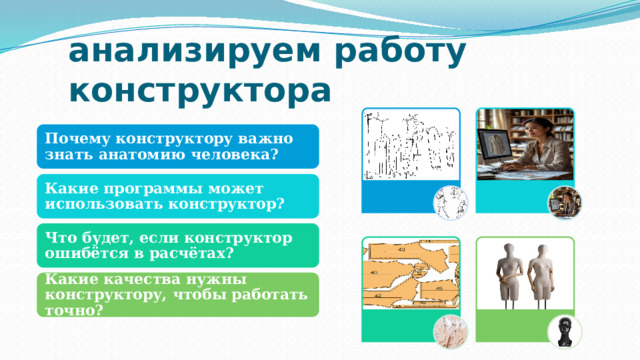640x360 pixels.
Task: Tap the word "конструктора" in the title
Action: tap(198, 90)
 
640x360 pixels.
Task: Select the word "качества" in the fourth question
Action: tap(125, 281)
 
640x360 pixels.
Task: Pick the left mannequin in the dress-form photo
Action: tap(502, 274)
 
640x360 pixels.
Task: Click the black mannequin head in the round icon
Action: tap(564, 329)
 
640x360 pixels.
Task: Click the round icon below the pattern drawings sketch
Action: tap(449, 201)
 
